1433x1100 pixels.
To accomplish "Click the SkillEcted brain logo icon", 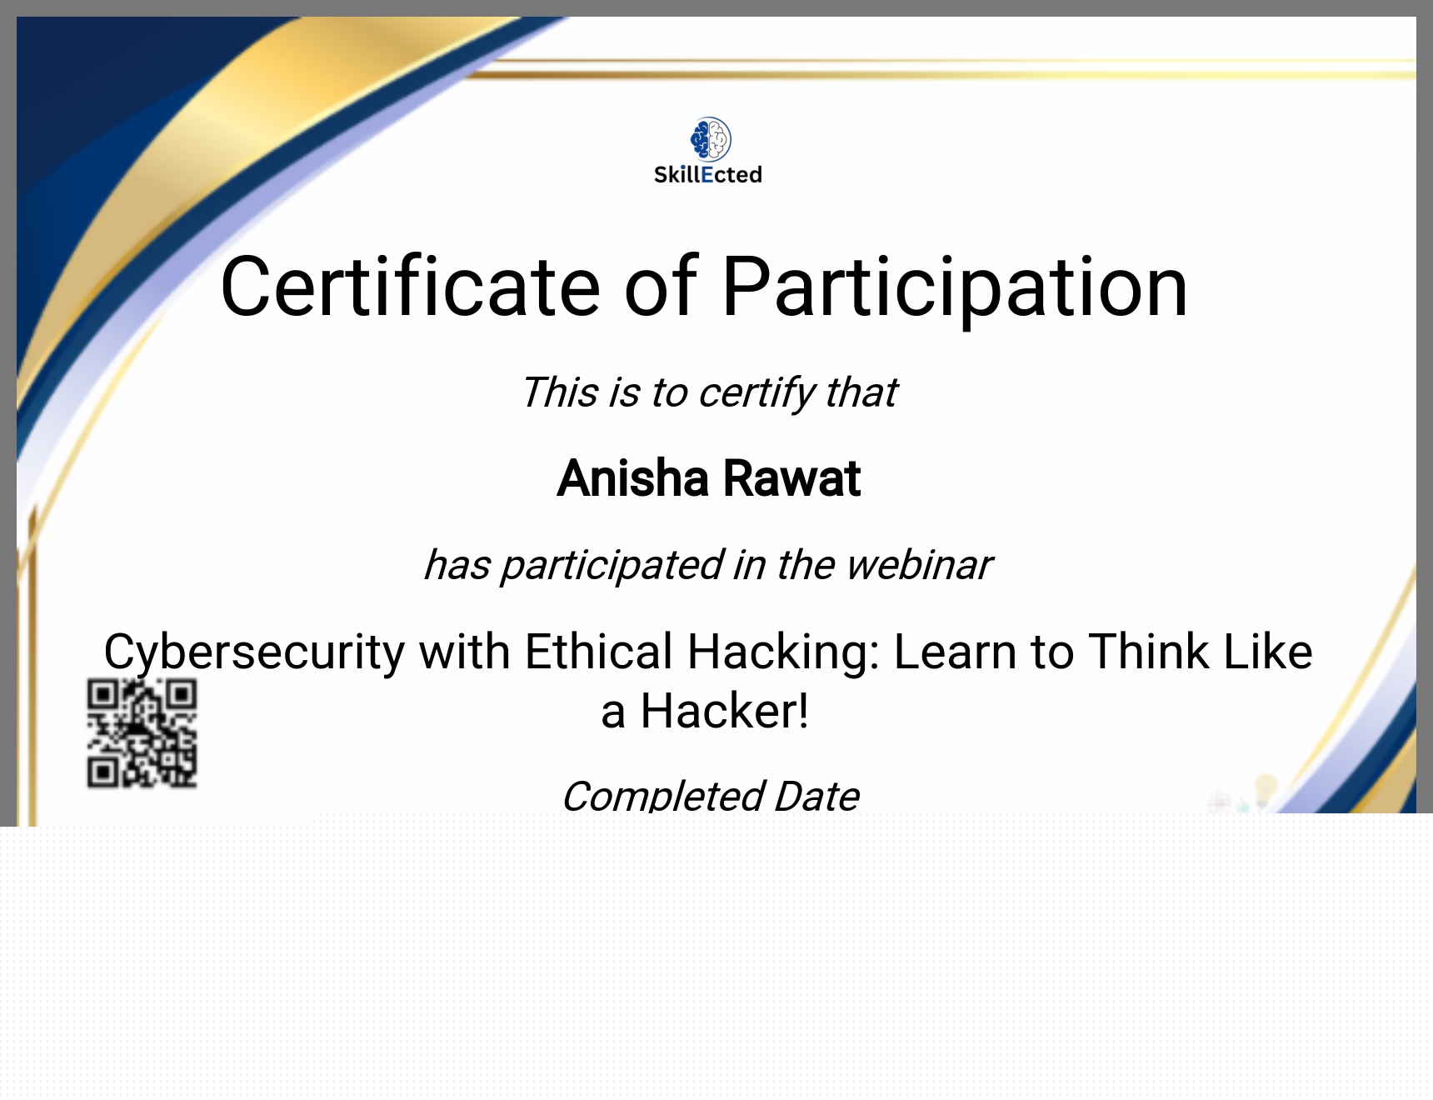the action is click(x=711, y=139).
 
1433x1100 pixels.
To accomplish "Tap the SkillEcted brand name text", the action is click(x=708, y=175).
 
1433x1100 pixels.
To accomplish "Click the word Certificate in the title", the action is click(x=411, y=287).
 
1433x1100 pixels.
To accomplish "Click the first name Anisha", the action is click(x=633, y=478).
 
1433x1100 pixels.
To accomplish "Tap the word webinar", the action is click(x=919, y=565).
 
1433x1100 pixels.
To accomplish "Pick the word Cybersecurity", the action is click(x=254, y=652).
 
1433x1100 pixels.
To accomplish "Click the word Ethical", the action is click(x=598, y=652).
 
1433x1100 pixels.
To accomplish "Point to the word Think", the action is click(x=1149, y=652).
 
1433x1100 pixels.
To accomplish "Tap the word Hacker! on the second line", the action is click(x=724, y=712).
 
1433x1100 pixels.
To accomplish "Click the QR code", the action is click(x=142, y=733).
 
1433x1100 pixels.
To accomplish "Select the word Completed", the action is click(x=663, y=797).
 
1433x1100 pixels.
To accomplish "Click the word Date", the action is click(x=816, y=797).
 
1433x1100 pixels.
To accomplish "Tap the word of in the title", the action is click(x=661, y=287).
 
